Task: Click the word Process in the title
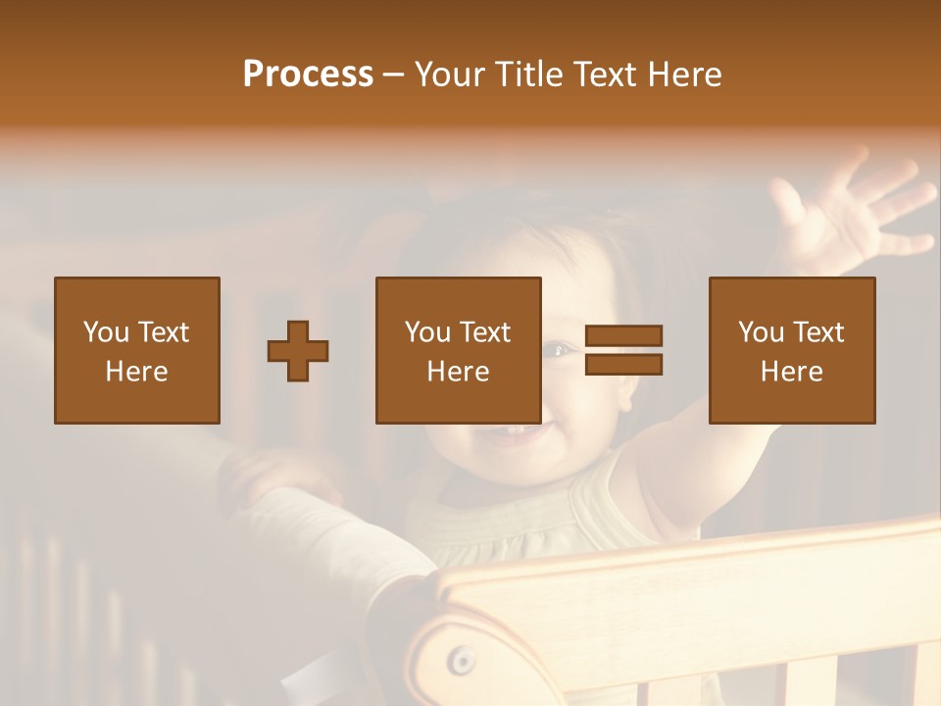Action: (x=308, y=75)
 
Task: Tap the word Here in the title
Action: (x=683, y=75)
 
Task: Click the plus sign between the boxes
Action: (x=298, y=351)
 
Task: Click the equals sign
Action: (x=623, y=350)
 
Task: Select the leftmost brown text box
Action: (x=136, y=350)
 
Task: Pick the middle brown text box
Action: (x=458, y=350)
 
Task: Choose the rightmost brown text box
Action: (x=791, y=350)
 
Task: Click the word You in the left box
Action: (x=105, y=332)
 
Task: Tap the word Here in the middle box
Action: (x=458, y=372)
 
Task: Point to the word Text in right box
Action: (x=818, y=332)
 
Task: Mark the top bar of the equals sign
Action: (x=623, y=335)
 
